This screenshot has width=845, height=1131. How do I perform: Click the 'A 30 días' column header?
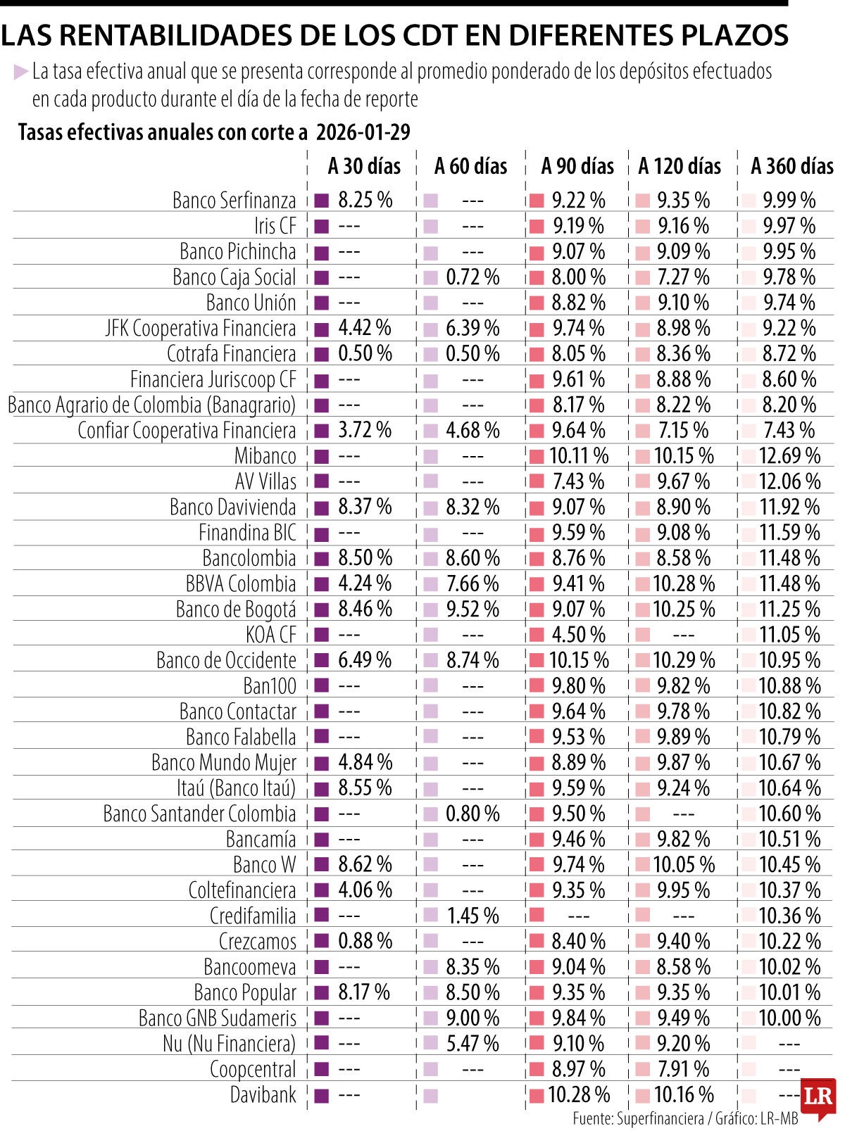(x=364, y=166)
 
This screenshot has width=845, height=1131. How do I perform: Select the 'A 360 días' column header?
(x=791, y=166)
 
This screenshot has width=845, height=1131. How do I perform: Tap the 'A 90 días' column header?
(x=577, y=166)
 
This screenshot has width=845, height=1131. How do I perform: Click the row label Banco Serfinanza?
(x=234, y=201)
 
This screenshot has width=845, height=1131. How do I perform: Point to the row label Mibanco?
(x=265, y=456)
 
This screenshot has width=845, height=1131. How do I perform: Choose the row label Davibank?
(x=263, y=1095)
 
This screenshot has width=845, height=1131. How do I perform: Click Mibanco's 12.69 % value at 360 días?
(x=789, y=456)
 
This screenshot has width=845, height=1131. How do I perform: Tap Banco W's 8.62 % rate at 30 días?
(x=365, y=864)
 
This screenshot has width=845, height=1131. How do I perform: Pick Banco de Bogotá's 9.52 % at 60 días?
(x=472, y=609)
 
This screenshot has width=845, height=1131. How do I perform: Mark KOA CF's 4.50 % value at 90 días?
(x=578, y=635)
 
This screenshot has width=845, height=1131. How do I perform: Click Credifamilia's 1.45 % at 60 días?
(x=472, y=916)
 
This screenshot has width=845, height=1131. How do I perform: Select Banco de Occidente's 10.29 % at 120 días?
(x=683, y=660)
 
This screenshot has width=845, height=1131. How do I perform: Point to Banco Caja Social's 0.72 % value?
(x=472, y=277)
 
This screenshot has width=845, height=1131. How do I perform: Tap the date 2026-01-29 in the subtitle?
(x=363, y=132)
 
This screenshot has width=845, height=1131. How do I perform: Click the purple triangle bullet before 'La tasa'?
(x=20, y=71)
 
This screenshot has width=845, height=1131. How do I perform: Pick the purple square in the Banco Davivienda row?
(x=321, y=507)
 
